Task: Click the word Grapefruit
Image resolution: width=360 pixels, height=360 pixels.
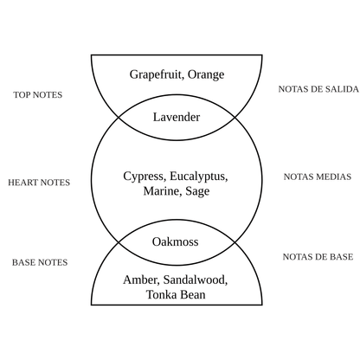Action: [157, 74]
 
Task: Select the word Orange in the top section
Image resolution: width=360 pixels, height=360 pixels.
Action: [206, 74]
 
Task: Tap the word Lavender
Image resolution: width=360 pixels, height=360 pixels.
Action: [177, 117]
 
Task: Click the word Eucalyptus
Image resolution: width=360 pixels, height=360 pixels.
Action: [199, 177]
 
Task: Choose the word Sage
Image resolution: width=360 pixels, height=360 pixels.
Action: [197, 191]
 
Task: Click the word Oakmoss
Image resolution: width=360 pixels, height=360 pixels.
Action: [176, 241]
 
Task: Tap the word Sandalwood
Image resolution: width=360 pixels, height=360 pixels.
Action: [196, 280]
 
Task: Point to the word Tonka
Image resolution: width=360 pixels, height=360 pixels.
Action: [162, 295]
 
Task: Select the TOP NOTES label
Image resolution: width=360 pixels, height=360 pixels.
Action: [38, 95]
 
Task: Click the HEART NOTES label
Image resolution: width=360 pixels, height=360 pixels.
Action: [39, 183]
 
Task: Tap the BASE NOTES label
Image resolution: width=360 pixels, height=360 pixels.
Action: [40, 262]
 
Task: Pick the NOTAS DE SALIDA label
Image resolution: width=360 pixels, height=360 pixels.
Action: [318, 89]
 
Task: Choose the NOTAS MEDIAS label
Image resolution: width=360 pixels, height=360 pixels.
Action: [318, 177]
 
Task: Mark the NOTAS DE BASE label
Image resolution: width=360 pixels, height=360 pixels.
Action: [318, 257]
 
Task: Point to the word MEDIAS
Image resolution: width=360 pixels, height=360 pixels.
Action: [334, 177]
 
